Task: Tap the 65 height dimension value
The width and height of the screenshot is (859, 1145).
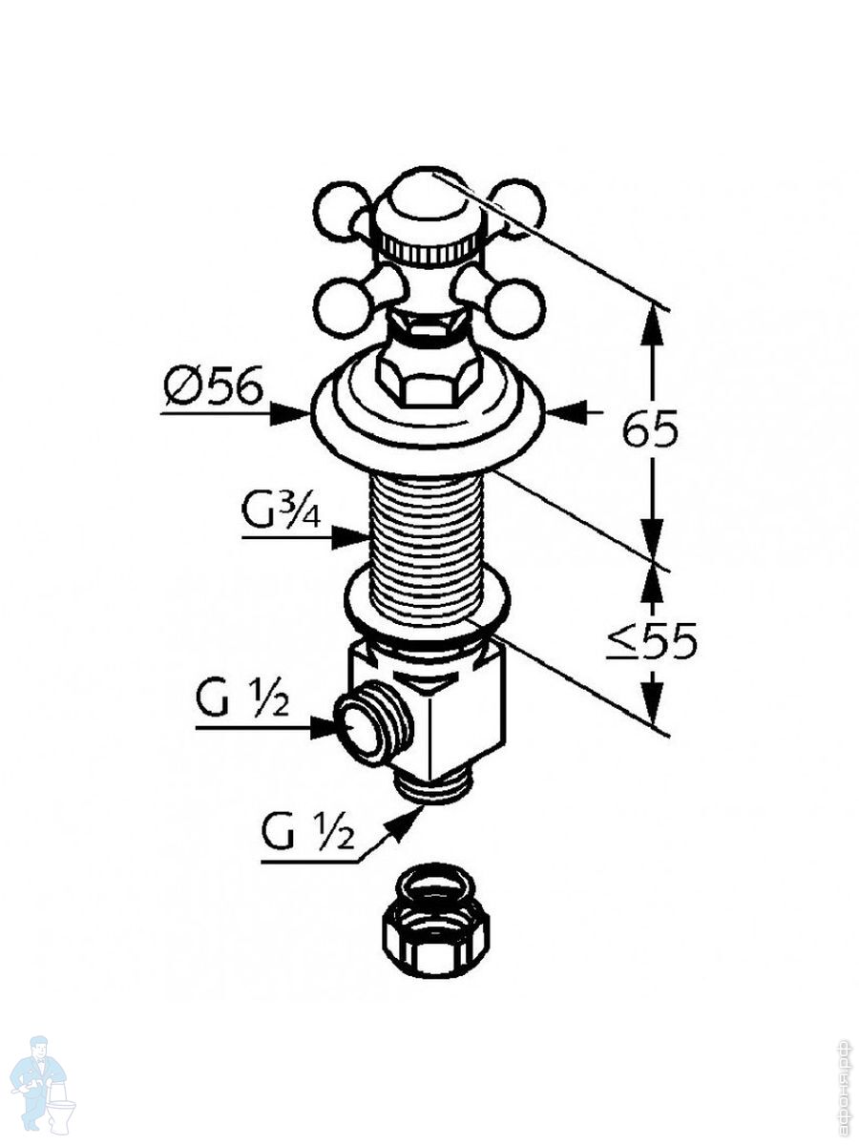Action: [x=650, y=430]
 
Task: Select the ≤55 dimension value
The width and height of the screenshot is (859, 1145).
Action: [x=653, y=641]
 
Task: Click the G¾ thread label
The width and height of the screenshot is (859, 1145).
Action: [x=280, y=515]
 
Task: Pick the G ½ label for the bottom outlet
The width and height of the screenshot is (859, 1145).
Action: [x=307, y=836]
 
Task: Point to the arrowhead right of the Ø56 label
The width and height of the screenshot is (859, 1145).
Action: [x=291, y=413]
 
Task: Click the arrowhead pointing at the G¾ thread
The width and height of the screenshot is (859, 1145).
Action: [x=349, y=538]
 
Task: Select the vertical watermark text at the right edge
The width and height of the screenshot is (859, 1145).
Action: [x=844, y=1084]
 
